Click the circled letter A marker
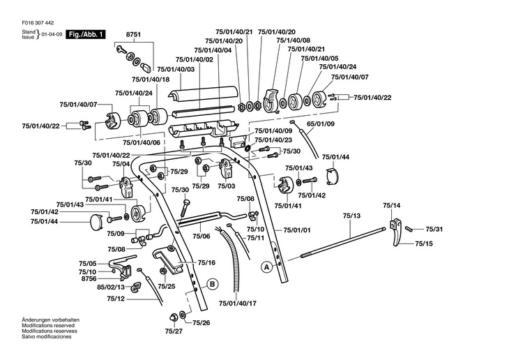tap(266, 267)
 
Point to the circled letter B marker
tap(211, 283)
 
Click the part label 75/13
tap(351, 218)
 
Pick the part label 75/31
tap(434, 229)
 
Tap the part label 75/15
tap(424, 243)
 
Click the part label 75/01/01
tap(297, 230)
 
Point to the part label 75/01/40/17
tap(238, 303)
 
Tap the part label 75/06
tap(201, 237)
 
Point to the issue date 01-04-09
tap(52, 33)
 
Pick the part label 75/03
tap(226, 186)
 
